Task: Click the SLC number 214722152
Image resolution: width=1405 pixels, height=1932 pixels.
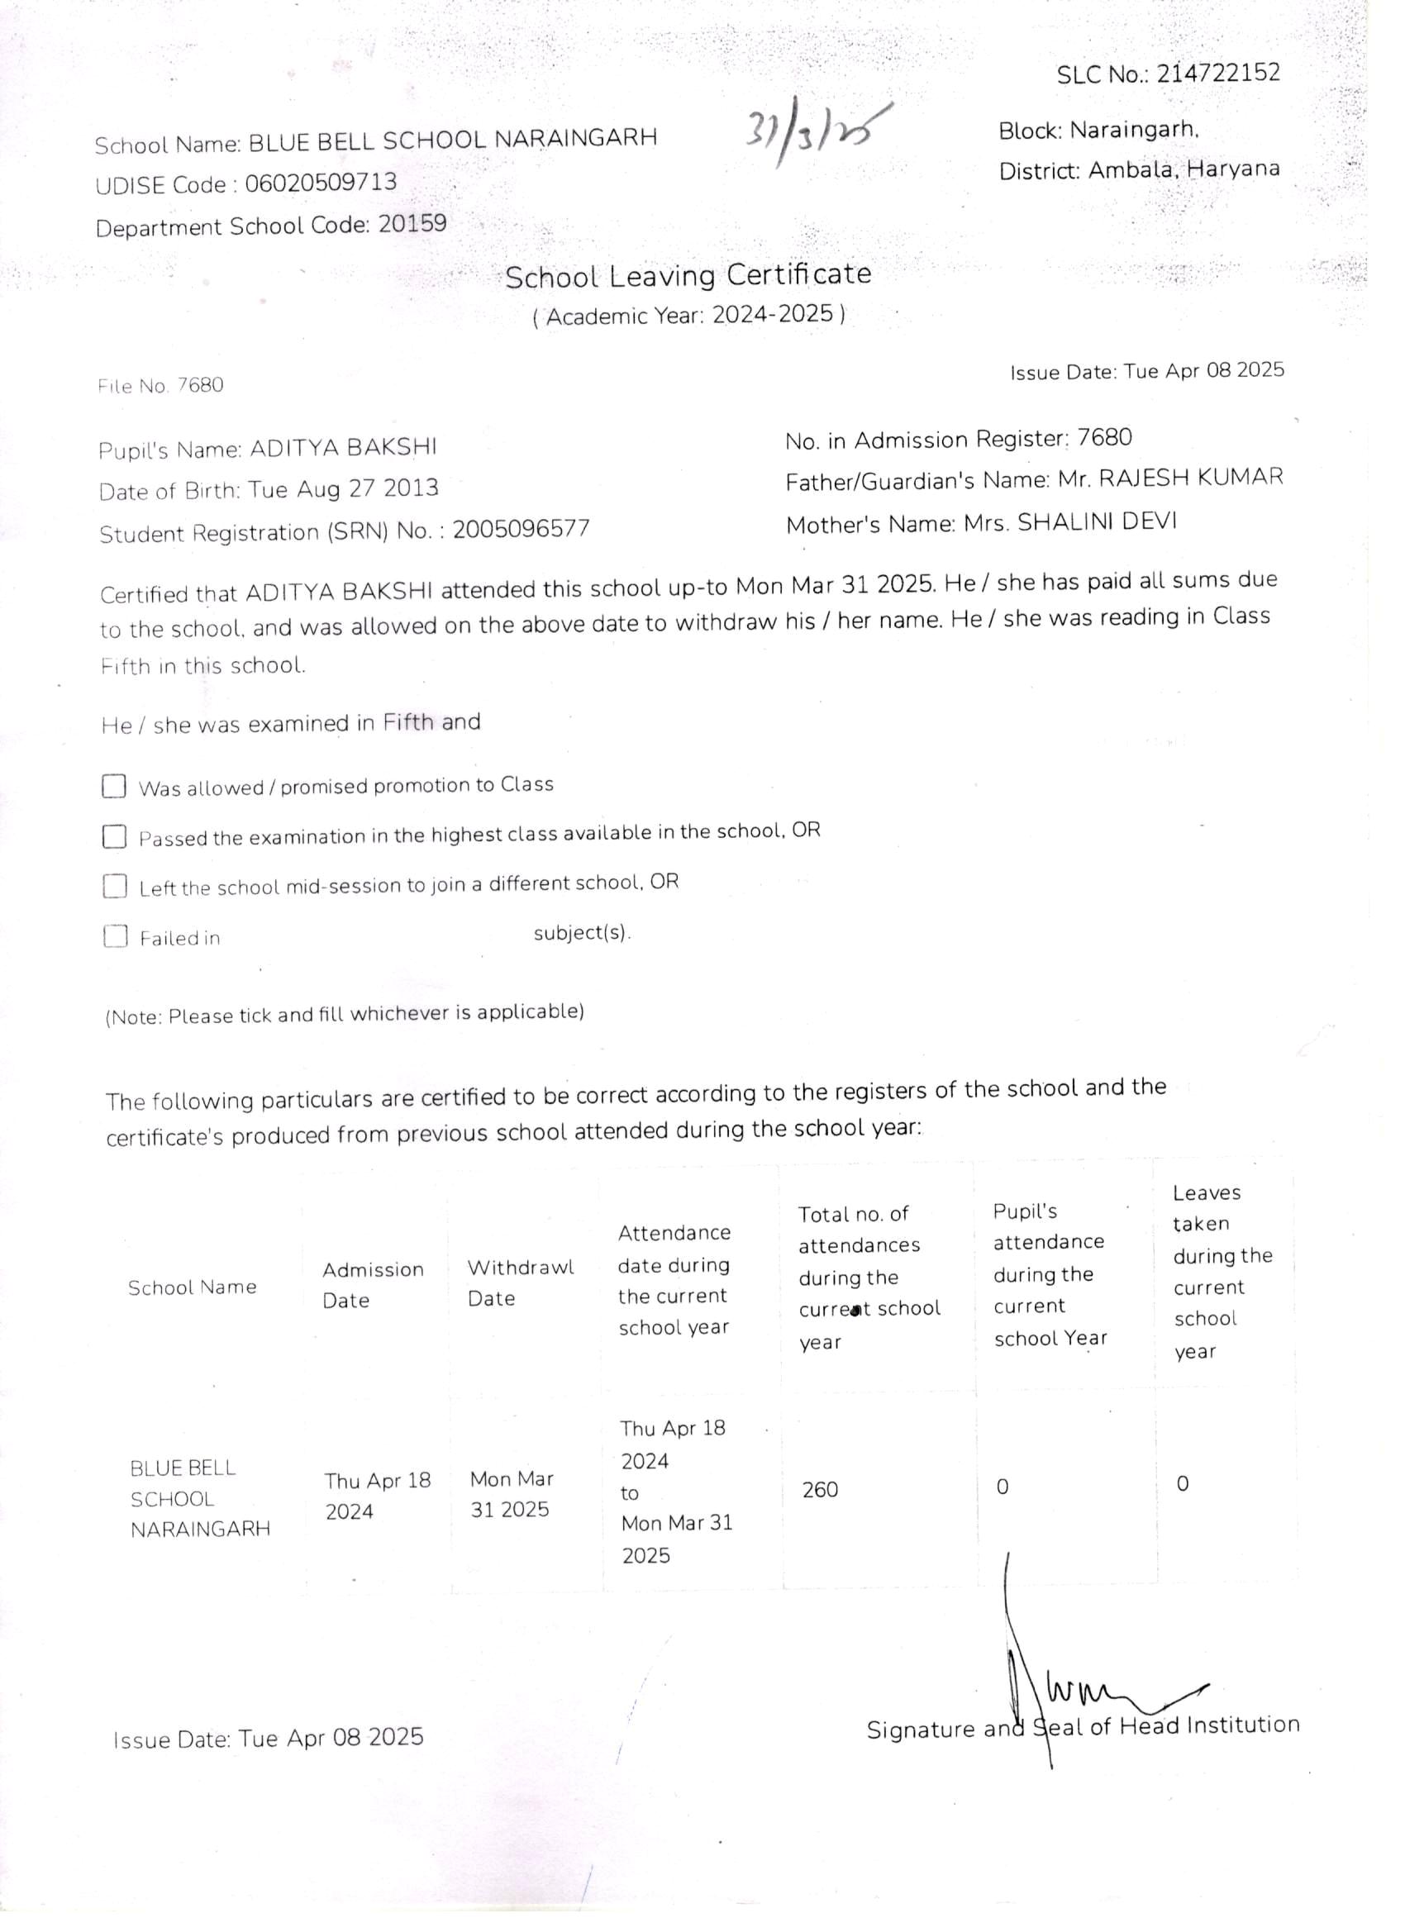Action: [x=1218, y=73]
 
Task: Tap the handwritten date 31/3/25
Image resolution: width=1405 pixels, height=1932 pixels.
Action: [x=817, y=132]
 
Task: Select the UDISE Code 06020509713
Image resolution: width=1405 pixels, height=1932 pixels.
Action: [x=321, y=183]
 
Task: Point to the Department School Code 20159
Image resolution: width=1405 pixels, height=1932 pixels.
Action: [x=412, y=223]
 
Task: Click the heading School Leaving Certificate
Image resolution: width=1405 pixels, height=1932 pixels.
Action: [x=688, y=275]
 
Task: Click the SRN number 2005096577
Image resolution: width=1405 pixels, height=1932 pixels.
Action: [x=521, y=529]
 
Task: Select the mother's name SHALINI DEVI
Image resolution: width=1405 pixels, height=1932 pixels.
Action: [x=1097, y=522]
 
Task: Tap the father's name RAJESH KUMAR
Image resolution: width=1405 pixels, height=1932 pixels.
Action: [x=1190, y=478]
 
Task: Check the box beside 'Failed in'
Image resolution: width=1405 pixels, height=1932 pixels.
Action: [x=115, y=936]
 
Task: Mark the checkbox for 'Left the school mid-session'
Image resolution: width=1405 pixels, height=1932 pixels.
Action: [x=115, y=886]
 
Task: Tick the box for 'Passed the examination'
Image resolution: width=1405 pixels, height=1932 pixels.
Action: [x=114, y=836]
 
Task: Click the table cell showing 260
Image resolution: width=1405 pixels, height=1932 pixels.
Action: [x=820, y=1490]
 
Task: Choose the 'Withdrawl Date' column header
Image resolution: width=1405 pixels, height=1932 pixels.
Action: [x=521, y=1282]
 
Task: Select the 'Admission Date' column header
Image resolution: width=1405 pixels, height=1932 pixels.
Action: [x=373, y=1285]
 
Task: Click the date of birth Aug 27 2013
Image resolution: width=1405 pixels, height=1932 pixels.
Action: [x=366, y=489]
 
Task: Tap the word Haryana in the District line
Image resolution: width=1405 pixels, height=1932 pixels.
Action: [x=1233, y=168]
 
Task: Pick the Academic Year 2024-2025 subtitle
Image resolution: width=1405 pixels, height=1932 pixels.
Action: [x=688, y=315]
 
